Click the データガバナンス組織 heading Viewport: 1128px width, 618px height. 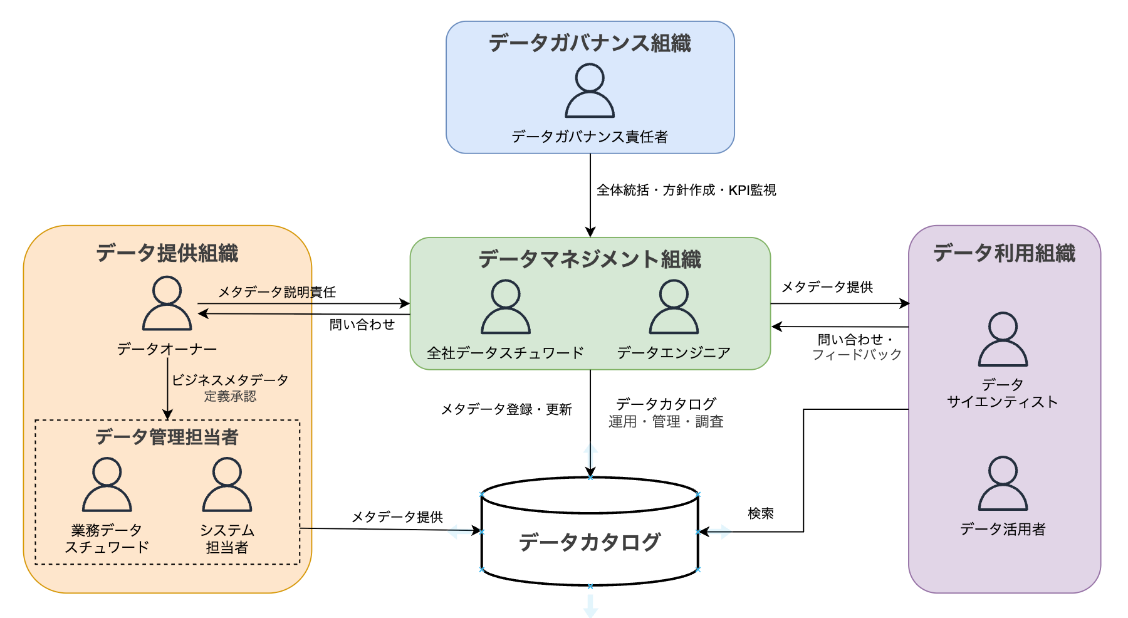click(589, 43)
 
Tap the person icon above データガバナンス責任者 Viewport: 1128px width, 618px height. click(590, 91)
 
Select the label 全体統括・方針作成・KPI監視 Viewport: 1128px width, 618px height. click(686, 190)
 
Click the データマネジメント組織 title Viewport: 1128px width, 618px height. click(590, 259)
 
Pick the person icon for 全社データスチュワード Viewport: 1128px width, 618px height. click(505, 307)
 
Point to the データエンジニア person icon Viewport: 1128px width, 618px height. click(674, 307)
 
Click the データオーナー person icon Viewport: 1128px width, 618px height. click(167, 304)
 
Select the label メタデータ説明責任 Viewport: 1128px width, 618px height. click(276, 292)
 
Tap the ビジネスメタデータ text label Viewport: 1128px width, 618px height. click(230, 380)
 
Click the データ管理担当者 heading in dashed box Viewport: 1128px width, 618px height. click(167, 437)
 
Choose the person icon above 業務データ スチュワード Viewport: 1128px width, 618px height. click(107, 484)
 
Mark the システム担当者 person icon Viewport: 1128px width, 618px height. click(227, 484)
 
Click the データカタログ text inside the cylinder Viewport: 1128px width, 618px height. click(590, 542)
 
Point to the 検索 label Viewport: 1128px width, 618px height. click(761, 513)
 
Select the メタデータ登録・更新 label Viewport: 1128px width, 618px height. click(506, 409)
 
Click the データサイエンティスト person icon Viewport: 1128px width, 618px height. click(1003, 339)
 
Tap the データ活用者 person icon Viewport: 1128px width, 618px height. click(1003, 483)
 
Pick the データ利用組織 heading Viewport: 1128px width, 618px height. click(1004, 253)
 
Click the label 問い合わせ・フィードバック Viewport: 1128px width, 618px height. click(857, 347)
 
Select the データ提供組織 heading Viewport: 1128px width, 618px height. click(167, 253)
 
